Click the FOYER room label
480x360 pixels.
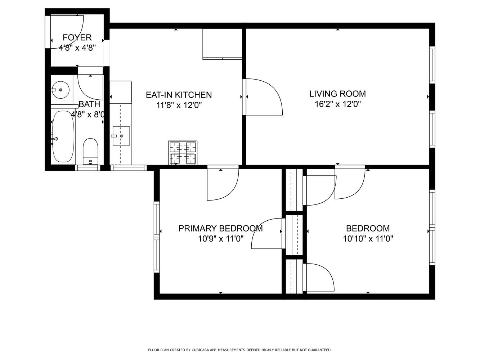tap(77, 37)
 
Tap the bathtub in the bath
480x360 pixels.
tap(63, 136)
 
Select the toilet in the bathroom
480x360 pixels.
tap(90, 151)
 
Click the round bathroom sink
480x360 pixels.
tap(60, 90)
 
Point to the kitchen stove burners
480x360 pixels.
tap(183, 152)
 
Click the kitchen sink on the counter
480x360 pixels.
tap(121, 136)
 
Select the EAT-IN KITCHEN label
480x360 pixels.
tap(179, 95)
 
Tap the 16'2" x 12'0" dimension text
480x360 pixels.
tap(337, 104)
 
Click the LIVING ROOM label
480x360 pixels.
tap(337, 94)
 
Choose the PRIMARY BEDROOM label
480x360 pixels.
tap(220, 229)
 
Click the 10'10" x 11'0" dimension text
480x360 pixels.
tap(368, 238)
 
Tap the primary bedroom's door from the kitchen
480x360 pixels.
tap(222, 184)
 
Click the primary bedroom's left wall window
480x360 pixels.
tap(157, 237)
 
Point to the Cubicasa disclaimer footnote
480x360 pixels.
tap(240, 350)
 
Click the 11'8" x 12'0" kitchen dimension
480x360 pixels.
tap(179, 105)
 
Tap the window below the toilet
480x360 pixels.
tap(88, 167)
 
